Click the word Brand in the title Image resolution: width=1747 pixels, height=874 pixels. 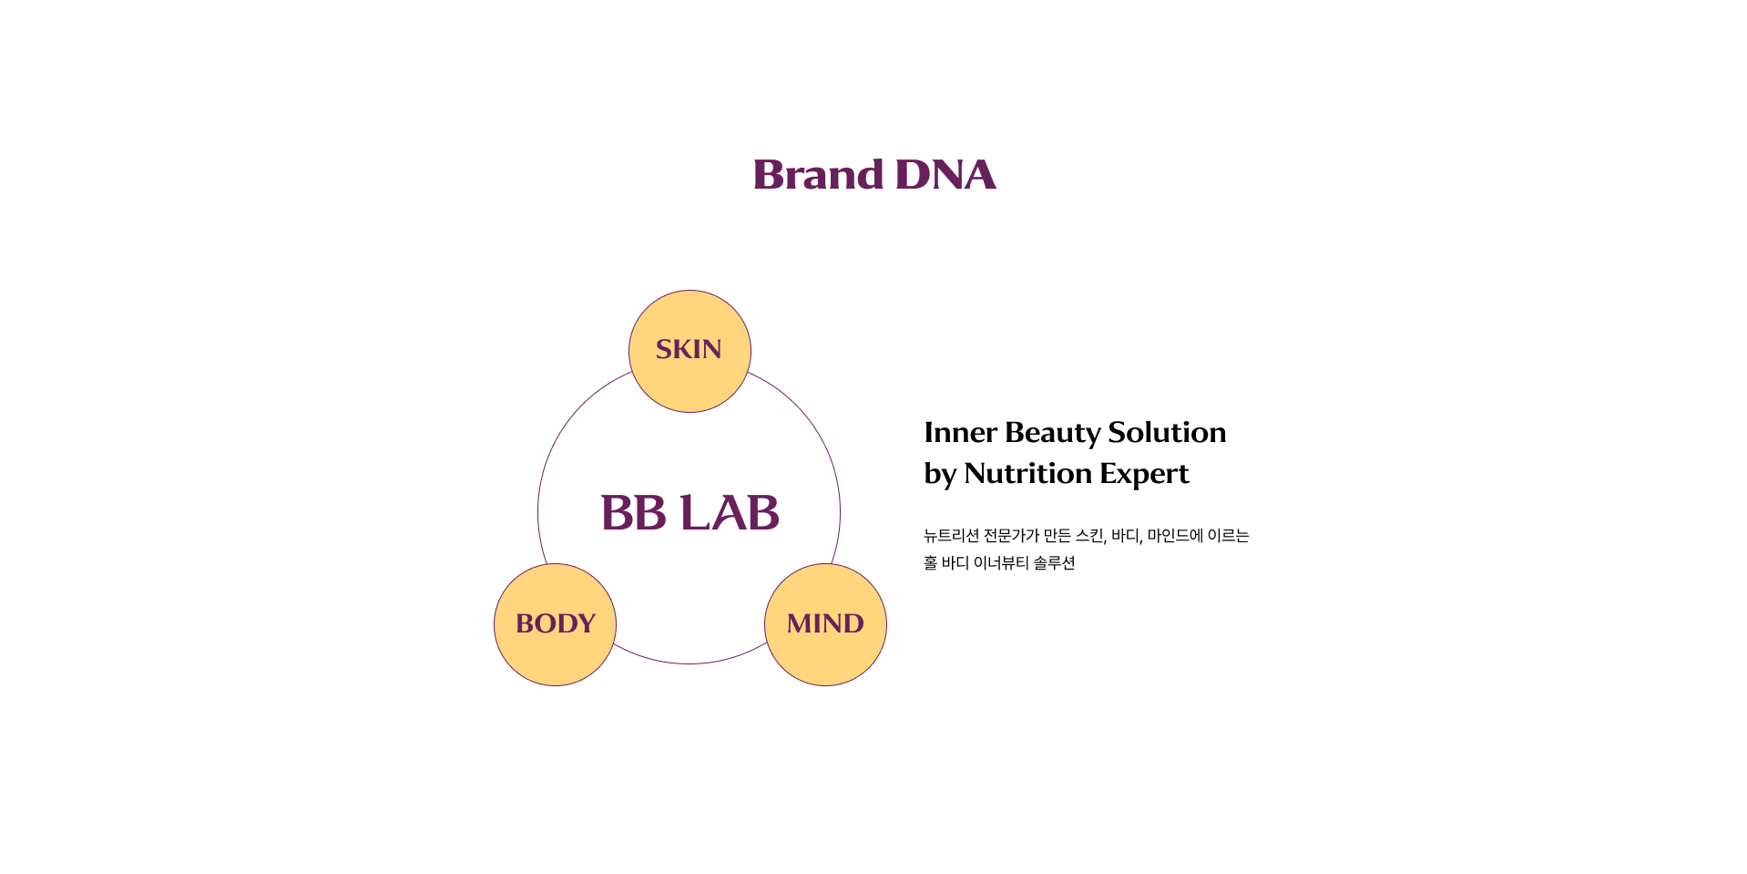coord(818,174)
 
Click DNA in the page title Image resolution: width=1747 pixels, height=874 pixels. coord(945,174)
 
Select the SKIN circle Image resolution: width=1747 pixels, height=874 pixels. coord(690,351)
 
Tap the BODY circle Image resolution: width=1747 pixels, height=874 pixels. coord(555,624)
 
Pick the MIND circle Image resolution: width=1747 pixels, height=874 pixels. coord(825,624)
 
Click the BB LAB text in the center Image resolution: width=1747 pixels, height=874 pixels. coord(690,512)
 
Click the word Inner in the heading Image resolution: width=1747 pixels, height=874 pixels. coord(960,432)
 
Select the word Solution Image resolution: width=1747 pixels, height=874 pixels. coord(1167,432)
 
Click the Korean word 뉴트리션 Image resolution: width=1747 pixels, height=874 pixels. coord(951,536)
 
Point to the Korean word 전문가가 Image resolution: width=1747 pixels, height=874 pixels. coord(1011,536)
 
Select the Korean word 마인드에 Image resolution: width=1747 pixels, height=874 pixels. coord(1175,536)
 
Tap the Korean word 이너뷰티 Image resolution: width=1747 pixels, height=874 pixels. coord(1001,563)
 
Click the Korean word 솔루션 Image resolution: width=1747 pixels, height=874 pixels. coord(1055,563)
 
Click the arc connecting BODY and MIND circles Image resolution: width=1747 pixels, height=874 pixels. coord(690,663)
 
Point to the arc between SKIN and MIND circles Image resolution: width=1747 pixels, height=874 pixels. coord(821,438)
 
